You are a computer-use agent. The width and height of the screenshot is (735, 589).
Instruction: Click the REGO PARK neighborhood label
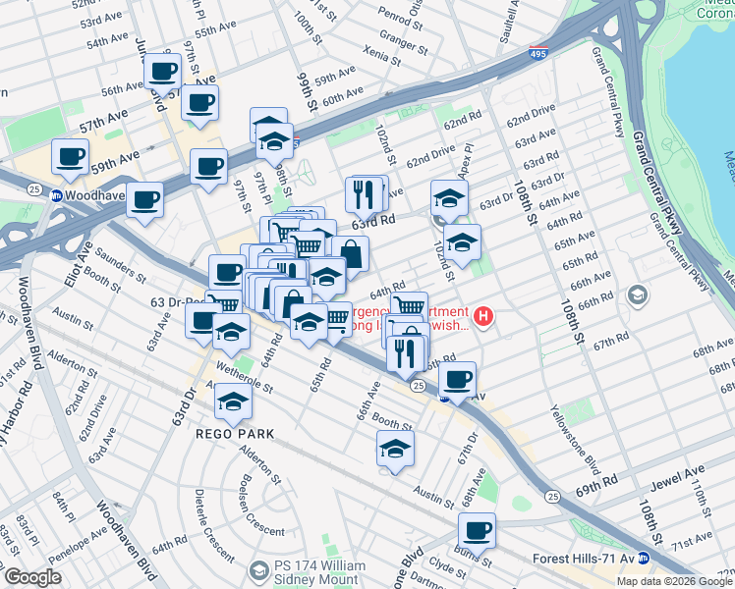(x=234, y=433)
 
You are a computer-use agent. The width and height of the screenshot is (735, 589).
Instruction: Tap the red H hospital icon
(x=483, y=316)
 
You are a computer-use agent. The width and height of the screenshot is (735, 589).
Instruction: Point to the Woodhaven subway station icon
(x=57, y=195)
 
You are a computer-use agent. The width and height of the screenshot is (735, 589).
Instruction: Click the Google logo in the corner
(x=31, y=577)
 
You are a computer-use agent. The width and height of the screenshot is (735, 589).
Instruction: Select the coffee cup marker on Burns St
(x=478, y=531)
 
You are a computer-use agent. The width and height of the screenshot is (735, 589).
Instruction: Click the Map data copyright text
(x=674, y=581)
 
